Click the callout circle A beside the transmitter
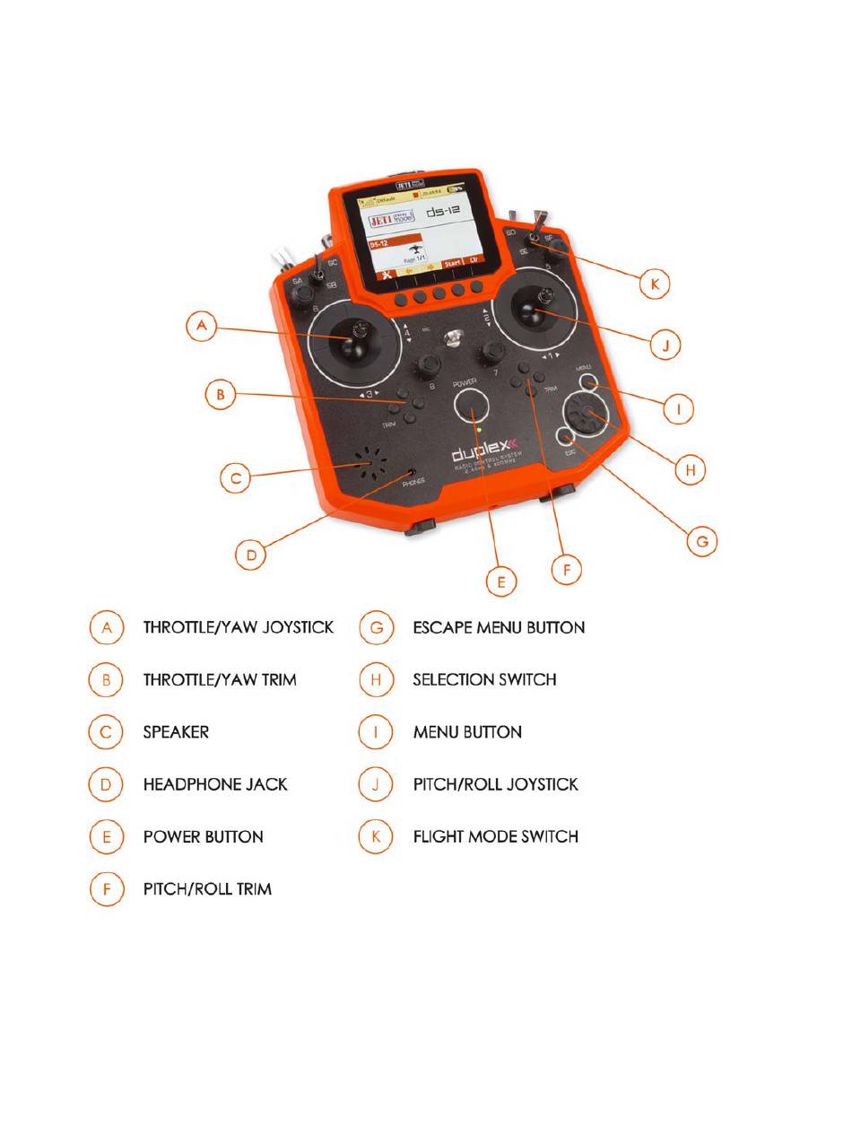point(203,327)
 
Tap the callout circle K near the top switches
point(655,284)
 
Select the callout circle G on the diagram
point(702,541)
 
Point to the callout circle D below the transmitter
point(252,555)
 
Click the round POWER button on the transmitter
point(473,410)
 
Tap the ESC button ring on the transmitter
point(565,438)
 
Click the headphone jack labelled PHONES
point(411,472)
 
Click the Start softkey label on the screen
point(452,264)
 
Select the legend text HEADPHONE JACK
point(215,784)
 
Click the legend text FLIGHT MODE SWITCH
point(495,836)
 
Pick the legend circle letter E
point(106,836)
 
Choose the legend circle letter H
point(376,679)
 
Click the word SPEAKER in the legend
point(176,732)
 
